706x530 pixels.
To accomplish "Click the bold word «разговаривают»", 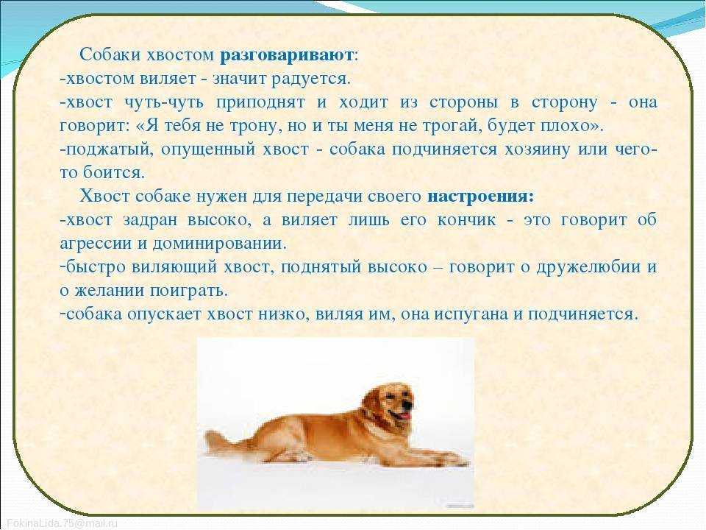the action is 286,55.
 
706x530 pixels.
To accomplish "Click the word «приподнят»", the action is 260,103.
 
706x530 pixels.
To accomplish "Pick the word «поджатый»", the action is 107,149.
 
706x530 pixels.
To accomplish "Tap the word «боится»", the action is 113,172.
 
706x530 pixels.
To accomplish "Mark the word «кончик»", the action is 466,220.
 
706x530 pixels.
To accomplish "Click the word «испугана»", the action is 471,314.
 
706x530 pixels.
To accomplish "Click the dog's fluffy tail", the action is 225,442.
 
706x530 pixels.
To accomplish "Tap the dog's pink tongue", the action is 404,415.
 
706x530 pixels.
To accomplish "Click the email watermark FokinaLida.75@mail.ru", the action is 62,523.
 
